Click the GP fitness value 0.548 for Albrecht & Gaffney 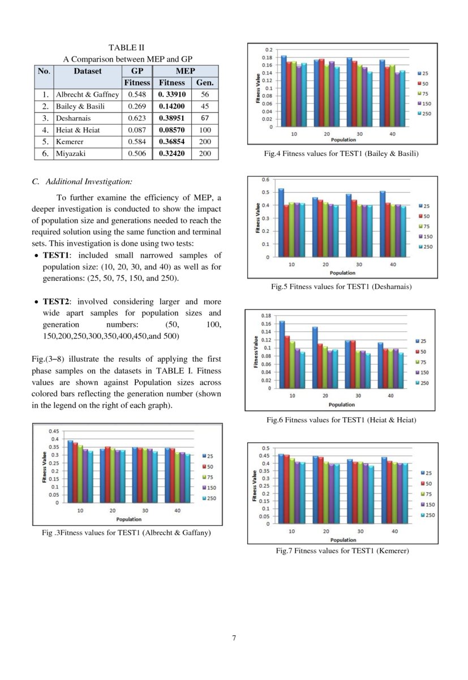(x=137, y=94)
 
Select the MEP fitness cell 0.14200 (x=171, y=106)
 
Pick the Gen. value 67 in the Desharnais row (x=205, y=118)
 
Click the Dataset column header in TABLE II (x=87, y=71)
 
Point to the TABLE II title (x=126, y=48)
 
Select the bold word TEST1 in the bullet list (x=55, y=256)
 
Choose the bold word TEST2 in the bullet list (x=55, y=302)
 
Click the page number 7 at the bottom (x=234, y=638)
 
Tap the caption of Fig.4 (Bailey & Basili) (x=341, y=153)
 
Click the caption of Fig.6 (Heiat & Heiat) (x=341, y=419)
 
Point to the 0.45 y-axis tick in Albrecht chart (x=54, y=431)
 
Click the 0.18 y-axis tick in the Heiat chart (x=265, y=315)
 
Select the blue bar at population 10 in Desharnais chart (x=281, y=223)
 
